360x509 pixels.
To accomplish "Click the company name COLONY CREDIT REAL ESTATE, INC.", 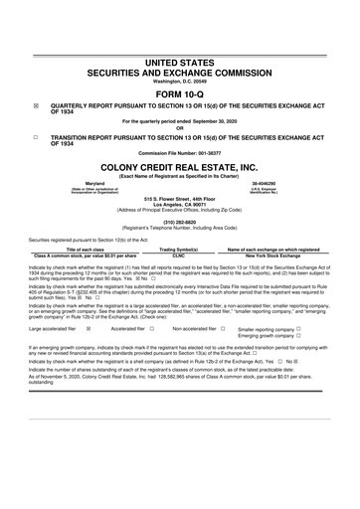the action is [180, 168].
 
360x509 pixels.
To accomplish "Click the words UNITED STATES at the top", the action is [180, 62].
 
